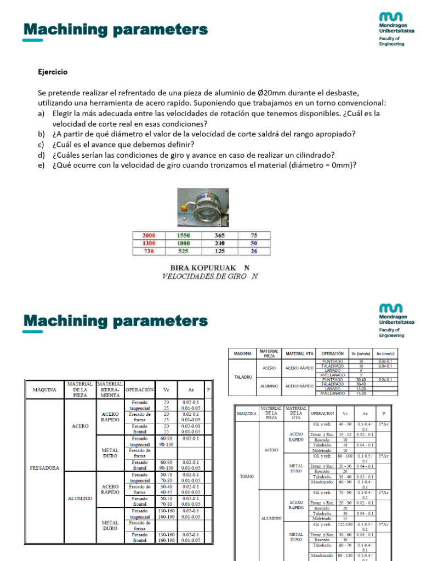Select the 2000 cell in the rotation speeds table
pos(149,235)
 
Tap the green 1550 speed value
pos(183,235)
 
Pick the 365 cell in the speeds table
pos(219,235)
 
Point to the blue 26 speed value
pos(254,251)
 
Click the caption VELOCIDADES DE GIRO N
pos(202,276)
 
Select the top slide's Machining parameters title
pos(116,29)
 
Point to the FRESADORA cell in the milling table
pos(44,468)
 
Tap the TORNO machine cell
pos(247,476)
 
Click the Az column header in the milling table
pos(190,390)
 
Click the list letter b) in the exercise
pos(42,134)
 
